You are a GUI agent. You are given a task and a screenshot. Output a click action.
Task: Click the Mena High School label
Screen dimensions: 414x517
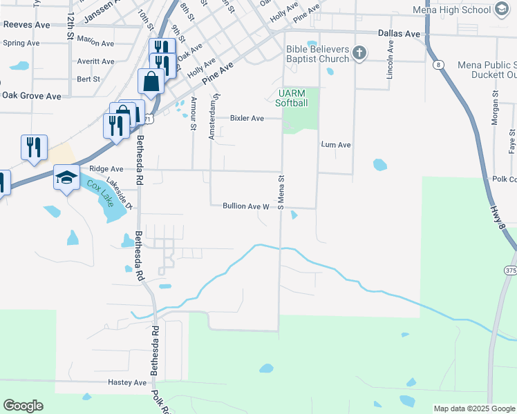[451, 10]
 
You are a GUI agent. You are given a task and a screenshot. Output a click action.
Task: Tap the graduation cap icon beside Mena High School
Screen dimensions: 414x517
[502, 10]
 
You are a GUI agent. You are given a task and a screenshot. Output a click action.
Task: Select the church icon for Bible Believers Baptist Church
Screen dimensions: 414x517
[359, 52]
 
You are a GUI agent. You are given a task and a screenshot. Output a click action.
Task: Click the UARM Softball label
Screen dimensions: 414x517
[291, 98]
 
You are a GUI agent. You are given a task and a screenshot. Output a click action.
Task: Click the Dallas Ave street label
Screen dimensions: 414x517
[399, 33]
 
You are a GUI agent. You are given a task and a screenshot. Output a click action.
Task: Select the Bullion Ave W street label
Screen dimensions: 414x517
[245, 206]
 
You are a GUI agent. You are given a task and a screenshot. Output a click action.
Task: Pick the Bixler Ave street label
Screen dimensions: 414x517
[247, 119]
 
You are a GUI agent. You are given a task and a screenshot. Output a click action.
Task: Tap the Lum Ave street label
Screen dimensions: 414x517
[336, 145]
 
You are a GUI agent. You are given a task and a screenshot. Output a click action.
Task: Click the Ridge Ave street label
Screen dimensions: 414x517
[106, 169]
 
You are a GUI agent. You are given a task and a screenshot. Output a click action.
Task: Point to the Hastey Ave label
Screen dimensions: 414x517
[128, 382]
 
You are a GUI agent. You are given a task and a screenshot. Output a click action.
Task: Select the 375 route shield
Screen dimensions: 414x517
[510, 270]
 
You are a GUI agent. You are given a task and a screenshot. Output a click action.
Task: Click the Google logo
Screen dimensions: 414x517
[23, 406]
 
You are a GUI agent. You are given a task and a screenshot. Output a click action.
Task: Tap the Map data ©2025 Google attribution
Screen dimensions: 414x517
[474, 408]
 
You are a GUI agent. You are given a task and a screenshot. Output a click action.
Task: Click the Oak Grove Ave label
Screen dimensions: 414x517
[32, 96]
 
